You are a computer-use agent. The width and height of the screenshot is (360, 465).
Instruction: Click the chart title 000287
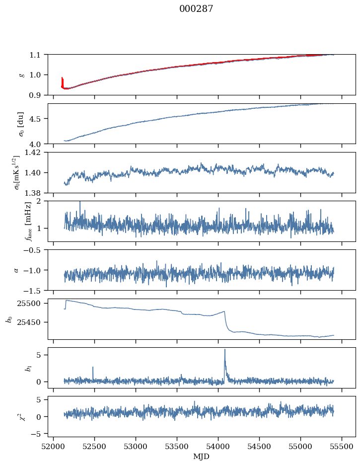[196, 9]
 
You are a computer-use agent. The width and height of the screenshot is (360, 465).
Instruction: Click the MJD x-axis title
[202, 456]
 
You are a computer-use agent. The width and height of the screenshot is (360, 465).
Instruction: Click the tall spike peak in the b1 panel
[224, 349]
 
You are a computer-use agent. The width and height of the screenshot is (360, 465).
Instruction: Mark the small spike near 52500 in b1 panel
[93, 368]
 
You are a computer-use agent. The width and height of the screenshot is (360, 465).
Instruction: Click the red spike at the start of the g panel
[62, 78]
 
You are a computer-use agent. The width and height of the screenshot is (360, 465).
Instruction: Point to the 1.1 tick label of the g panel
[38, 54]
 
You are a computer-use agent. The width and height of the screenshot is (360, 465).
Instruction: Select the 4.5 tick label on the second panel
[38, 119]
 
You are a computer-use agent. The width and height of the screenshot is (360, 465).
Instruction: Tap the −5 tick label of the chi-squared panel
[38, 434]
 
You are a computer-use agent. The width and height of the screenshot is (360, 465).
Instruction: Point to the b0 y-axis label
[9, 319]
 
